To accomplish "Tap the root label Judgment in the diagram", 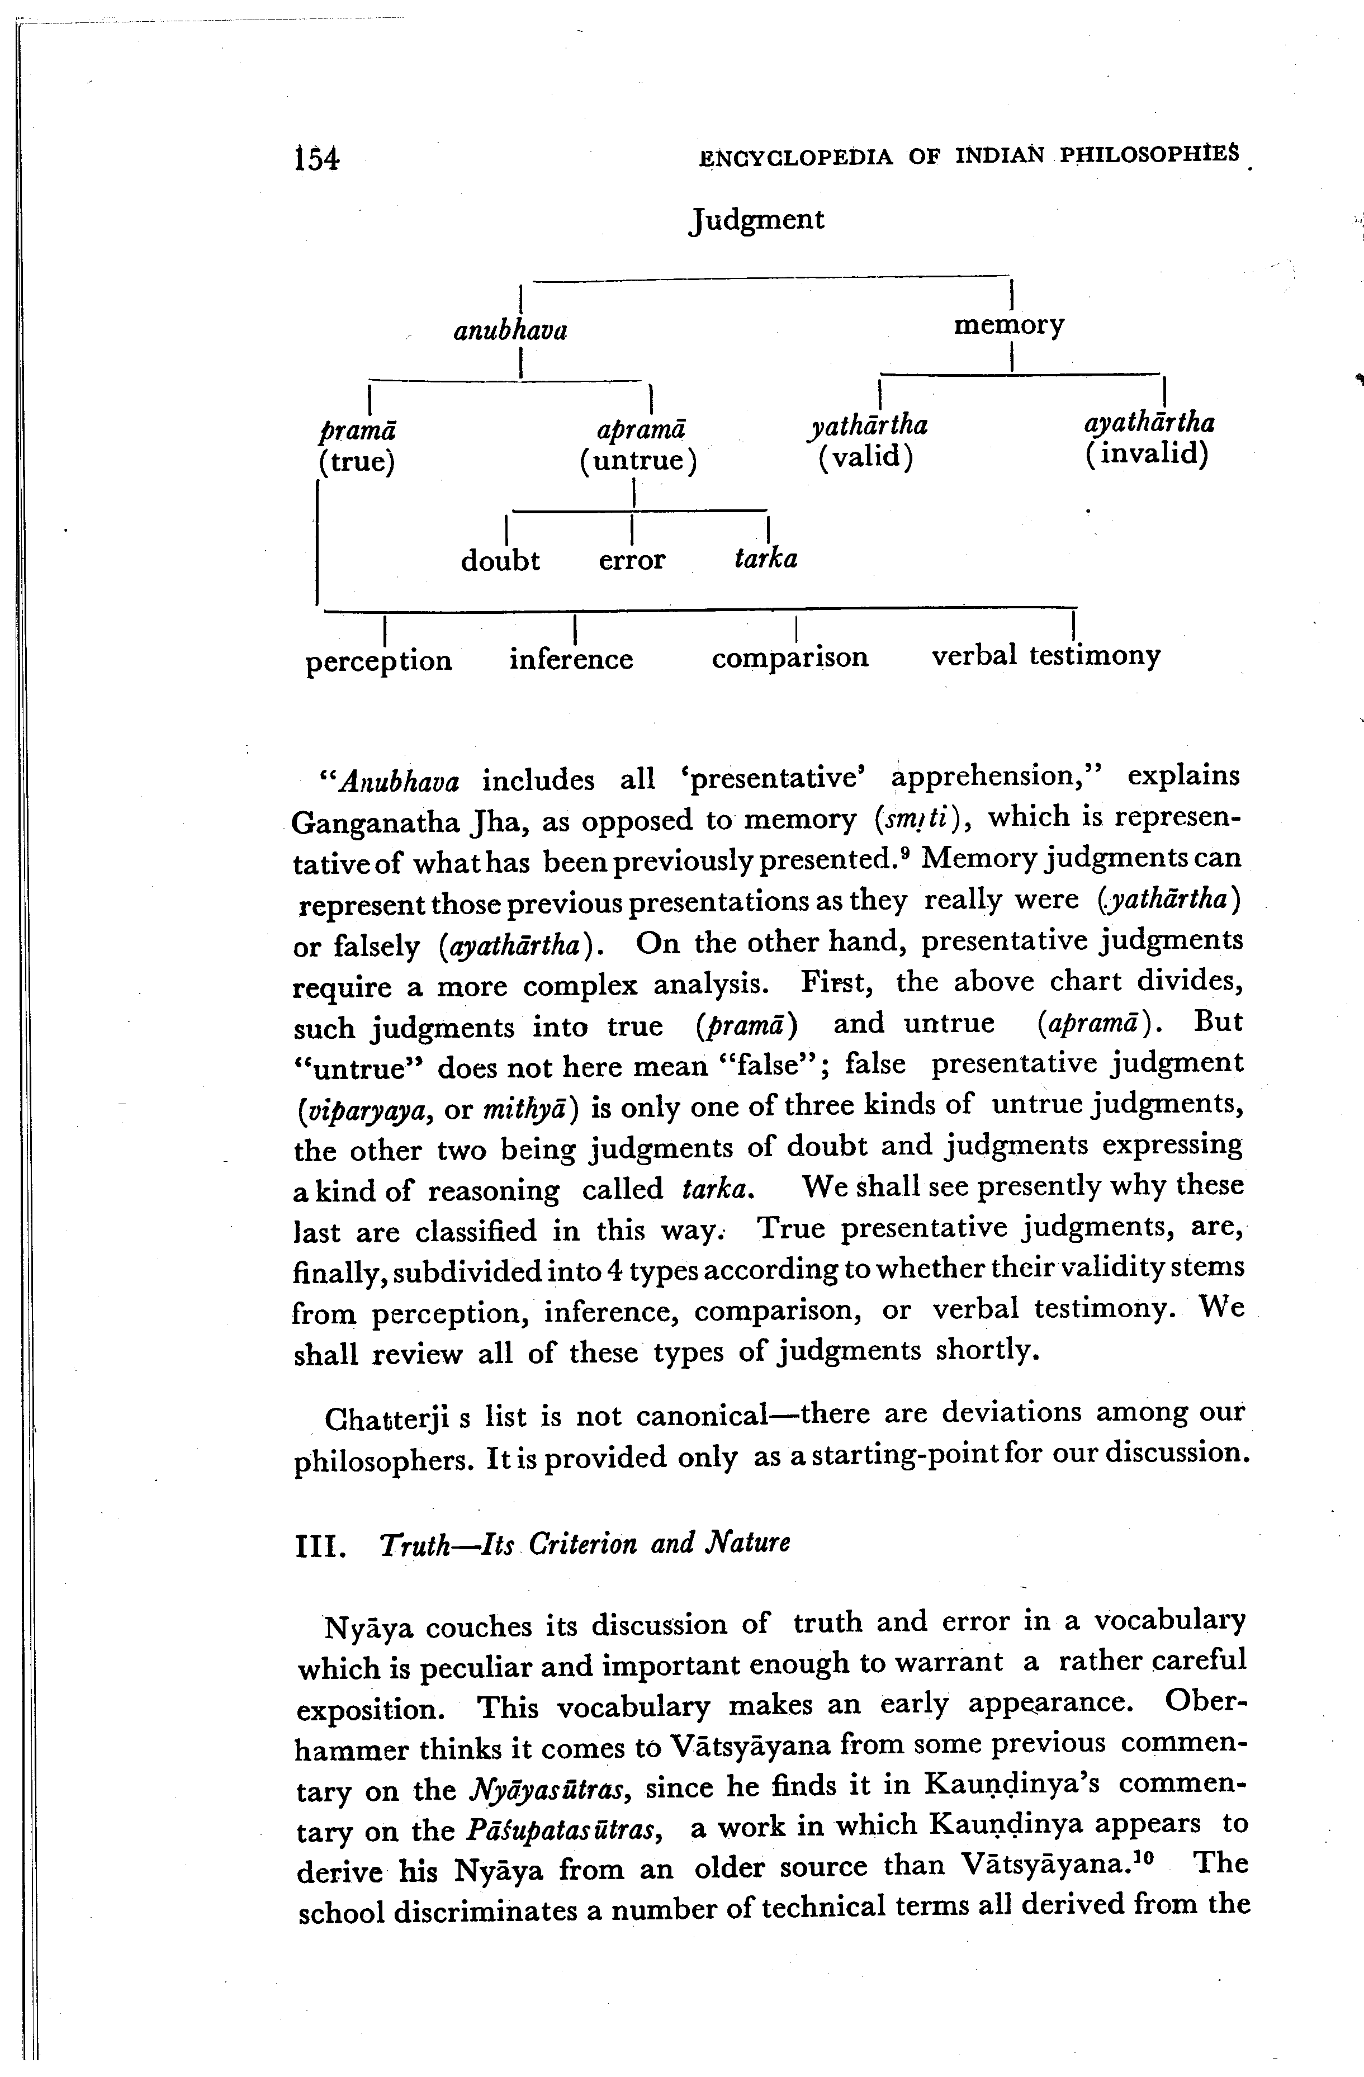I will point(756,219).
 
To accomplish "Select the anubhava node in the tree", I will point(510,331).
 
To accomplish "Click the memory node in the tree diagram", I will point(1009,325).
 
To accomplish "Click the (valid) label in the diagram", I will point(866,456).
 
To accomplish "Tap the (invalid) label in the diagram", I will point(1147,454).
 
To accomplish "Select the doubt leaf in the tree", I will point(500,560).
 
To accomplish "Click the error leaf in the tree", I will point(632,560).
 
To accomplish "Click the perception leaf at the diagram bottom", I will point(379,661).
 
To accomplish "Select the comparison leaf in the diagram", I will point(790,656).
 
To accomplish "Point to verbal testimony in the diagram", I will point(1045,655).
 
